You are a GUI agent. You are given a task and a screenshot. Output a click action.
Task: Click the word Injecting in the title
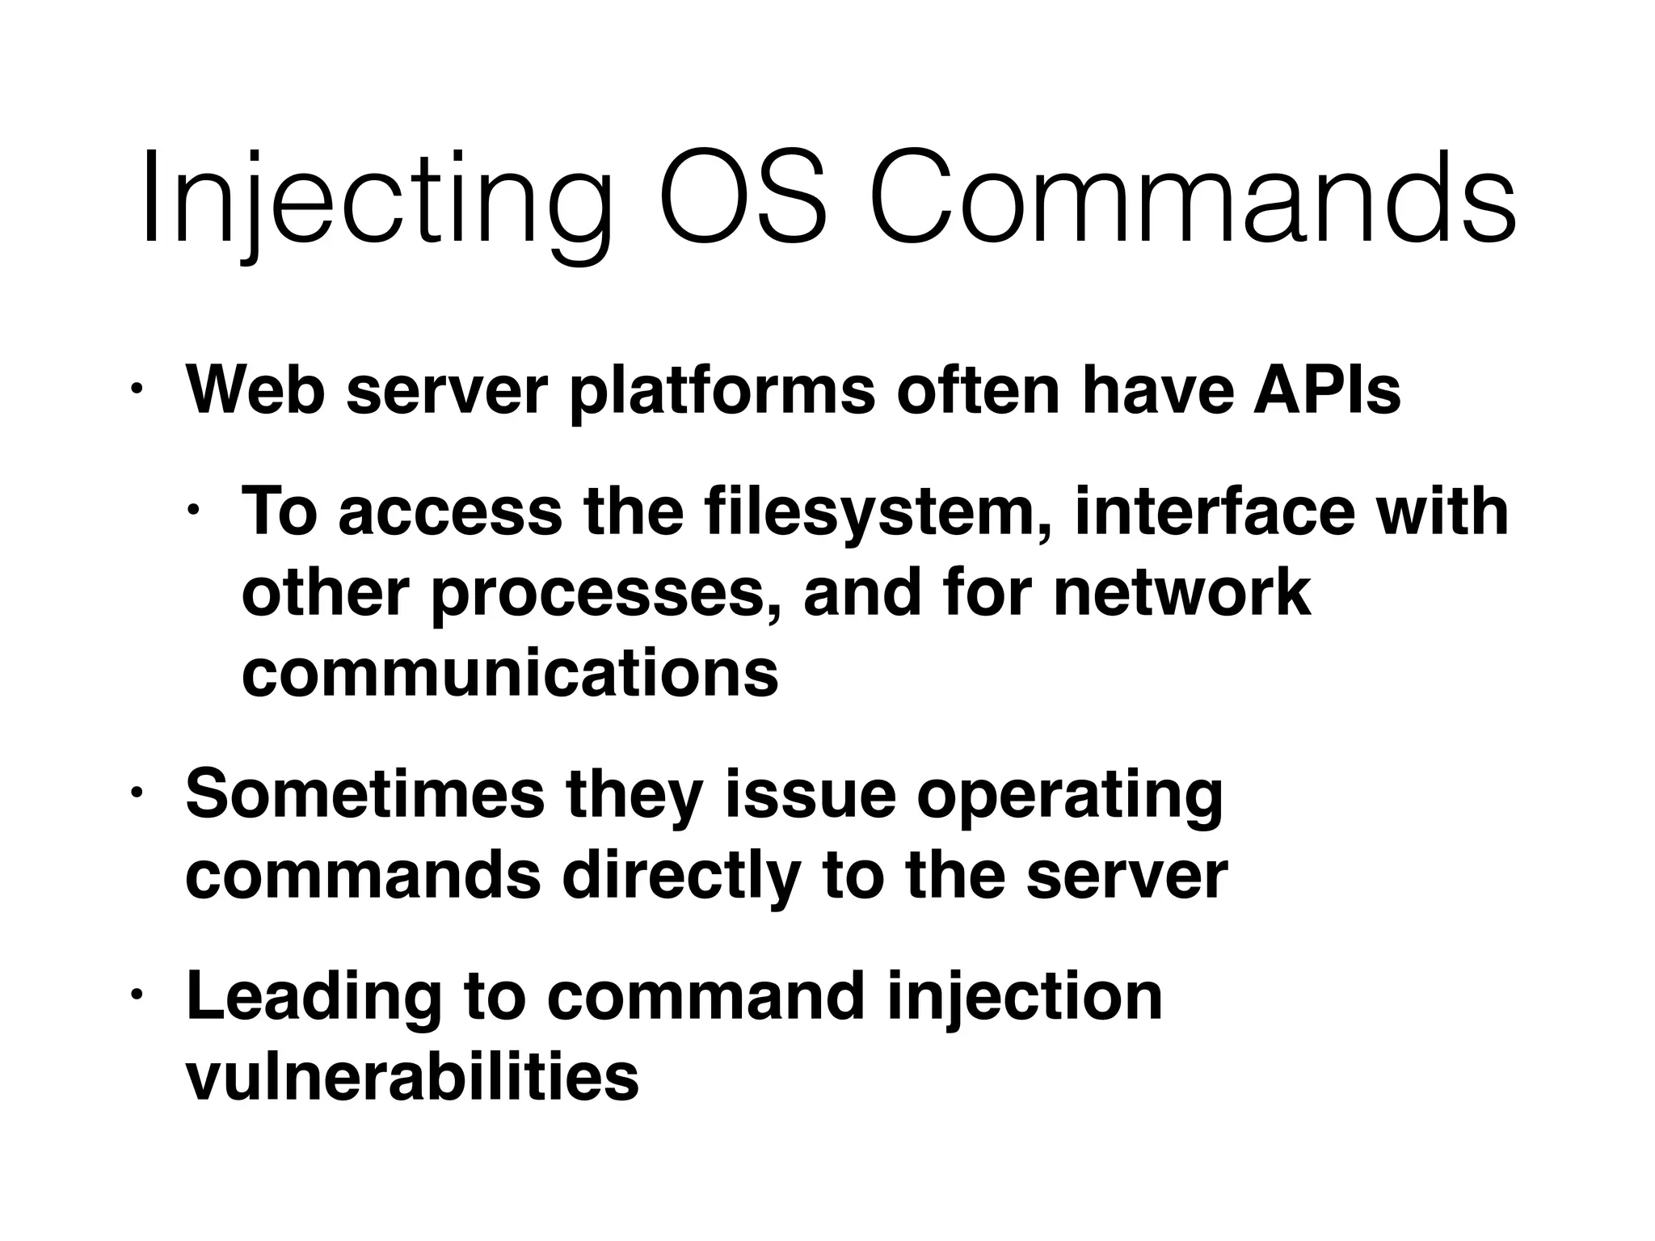[x=375, y=202]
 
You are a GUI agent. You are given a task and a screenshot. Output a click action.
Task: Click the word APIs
[x=1326, y=390]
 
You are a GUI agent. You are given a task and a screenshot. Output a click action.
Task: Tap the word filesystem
[x=880, y=513]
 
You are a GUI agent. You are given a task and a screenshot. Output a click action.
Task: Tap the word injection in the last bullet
[x=1024, y=999]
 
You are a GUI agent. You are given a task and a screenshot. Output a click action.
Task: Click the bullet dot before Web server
[x=137, y=389]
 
